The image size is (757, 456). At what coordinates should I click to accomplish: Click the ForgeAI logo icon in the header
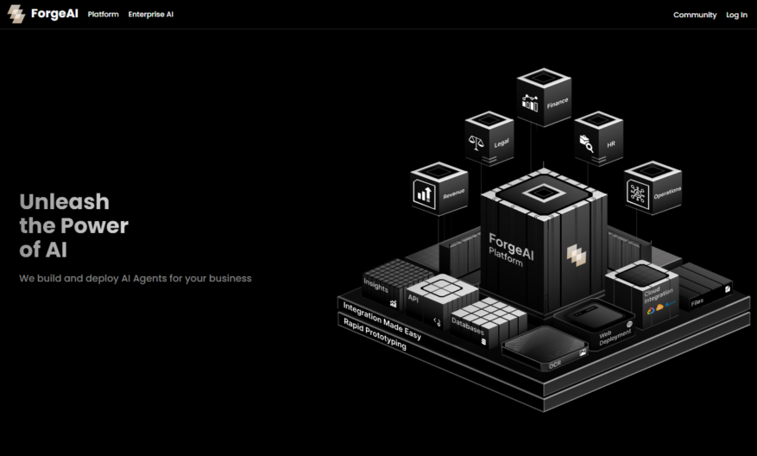point(16,14)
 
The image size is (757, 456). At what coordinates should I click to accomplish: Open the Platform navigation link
point(104,15)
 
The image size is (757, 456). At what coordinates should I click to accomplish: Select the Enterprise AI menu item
point(151,15)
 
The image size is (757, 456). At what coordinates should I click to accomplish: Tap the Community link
point(695,15)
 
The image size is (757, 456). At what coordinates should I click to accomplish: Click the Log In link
point(737,15)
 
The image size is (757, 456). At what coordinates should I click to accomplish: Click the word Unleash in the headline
point(64,201)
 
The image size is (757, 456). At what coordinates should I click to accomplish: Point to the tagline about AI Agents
point(136,278)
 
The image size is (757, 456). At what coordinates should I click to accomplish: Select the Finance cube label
point(558,104)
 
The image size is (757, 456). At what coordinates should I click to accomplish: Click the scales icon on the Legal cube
point(476,142)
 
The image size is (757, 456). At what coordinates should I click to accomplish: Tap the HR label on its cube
point(611,144)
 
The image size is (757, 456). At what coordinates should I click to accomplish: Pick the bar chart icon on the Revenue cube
point(425,194)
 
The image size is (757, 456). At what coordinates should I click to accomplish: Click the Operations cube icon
point(637,193)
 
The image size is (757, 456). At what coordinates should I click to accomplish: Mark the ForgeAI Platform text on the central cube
point(511,250)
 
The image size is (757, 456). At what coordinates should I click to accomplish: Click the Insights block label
point(376,285)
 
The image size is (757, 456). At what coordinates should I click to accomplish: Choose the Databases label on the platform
point(467,326)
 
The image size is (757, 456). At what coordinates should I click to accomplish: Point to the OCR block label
point(555,364)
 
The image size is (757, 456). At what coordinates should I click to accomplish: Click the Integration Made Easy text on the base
point(382,320)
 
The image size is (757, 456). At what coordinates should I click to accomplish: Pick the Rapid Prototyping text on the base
point(375,334)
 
